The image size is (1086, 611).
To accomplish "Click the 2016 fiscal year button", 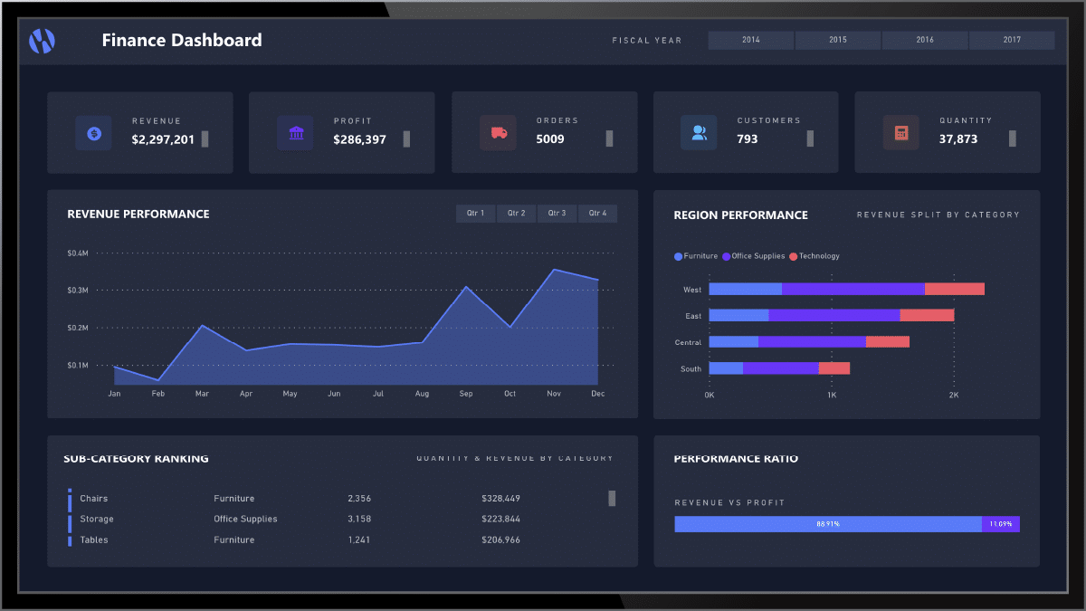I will point(924,40).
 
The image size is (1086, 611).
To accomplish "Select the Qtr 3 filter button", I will point(557,214).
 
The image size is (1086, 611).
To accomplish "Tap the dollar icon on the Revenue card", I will point(94,133).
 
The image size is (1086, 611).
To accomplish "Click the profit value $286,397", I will point(359,139).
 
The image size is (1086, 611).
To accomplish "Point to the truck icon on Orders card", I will point(498,133).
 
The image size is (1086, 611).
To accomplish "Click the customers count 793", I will point(748,139).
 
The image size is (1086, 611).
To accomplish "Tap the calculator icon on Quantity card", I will point(900,133).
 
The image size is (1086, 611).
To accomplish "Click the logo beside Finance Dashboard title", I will point(43,40).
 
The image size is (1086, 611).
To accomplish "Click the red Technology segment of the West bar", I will point(954,289).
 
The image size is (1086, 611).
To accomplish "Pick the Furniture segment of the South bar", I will point(726,368).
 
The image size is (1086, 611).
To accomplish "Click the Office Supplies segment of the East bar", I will point(834,315).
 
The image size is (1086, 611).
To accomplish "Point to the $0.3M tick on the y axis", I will point(77,291).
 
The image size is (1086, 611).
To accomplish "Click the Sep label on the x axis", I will point(466,394).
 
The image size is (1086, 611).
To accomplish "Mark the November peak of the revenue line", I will point(554,270).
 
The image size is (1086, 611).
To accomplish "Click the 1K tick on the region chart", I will point(831,396).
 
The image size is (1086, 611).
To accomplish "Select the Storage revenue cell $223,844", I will point(500,520).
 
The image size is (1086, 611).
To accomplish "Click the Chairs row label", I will point(93,499).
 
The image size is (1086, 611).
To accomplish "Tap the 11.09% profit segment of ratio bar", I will point(1000,524).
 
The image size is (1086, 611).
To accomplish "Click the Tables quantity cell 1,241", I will point(359,540).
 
